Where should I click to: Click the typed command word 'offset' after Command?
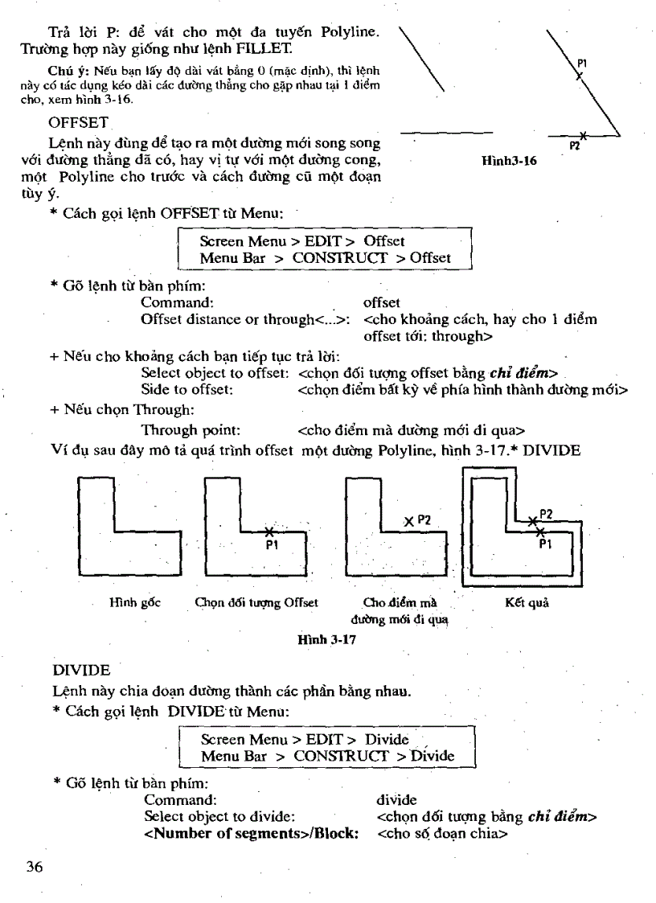[382, 302]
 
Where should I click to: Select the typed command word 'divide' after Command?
[396, 800]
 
